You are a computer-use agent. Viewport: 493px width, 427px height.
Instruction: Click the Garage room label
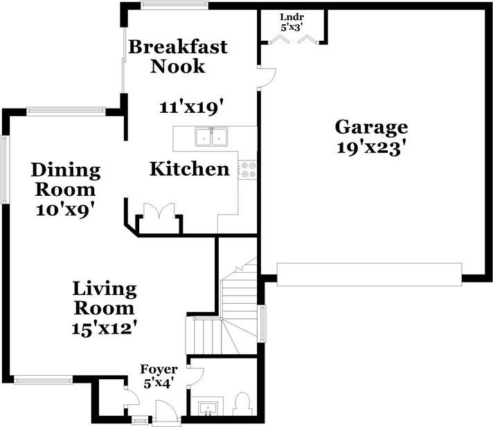tap(371, 127)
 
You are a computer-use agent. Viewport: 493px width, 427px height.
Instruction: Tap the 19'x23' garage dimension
tap(371, 148)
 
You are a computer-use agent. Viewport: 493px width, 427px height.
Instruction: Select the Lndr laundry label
tap(292, 17)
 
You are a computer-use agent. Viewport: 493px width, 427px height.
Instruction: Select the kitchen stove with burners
tap(248, 170)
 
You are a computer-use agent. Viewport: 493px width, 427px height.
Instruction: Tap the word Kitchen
tap(190, 169)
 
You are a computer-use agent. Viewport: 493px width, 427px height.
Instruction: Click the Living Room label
tap(105, 298)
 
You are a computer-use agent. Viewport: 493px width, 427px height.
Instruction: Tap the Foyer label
tap(159, 369)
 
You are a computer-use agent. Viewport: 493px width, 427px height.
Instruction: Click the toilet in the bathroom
tap(242, 403)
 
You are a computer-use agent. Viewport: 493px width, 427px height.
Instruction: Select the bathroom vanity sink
tap(207, 408)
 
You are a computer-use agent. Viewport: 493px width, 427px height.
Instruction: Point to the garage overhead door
tap(369, 274)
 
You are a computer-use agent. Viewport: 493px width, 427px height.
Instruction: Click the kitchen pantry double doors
tap(159, 212)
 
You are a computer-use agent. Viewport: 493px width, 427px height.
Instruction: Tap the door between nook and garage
tap(266, 78)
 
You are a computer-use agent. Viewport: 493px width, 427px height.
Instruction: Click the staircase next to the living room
tap(235, 305)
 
